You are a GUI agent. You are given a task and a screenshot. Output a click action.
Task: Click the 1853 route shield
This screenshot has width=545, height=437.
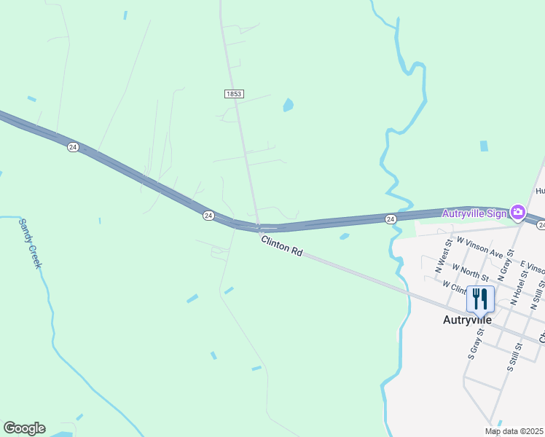233,94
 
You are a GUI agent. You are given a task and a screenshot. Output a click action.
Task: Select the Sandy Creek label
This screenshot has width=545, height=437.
29,243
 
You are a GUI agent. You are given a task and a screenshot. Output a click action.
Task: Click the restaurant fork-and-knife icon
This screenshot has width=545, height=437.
480,299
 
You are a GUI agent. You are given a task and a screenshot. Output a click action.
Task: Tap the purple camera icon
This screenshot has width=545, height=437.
518,213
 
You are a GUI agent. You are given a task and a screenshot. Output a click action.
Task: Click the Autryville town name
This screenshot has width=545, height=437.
468,320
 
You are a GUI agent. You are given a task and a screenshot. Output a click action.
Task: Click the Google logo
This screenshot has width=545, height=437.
24,428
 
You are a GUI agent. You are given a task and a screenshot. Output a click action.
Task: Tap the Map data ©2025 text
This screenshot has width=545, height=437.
513,431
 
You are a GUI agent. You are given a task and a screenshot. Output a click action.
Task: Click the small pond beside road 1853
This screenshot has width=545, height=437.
288,106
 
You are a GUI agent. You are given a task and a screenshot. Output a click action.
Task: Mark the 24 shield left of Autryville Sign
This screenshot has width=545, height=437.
391,219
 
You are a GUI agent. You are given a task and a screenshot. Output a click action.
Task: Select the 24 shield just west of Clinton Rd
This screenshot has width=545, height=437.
208,216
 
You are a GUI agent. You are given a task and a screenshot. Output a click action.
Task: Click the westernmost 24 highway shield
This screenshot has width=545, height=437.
72,146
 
